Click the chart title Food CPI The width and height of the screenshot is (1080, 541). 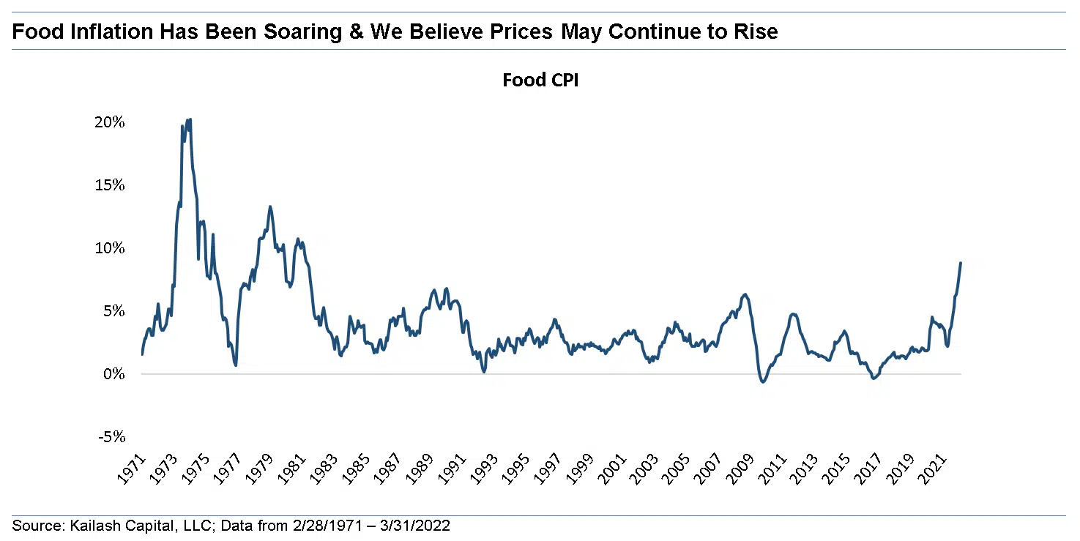coord(540,81)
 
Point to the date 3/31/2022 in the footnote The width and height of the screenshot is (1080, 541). coord(422,526)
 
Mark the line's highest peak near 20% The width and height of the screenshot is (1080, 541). coord(190,119)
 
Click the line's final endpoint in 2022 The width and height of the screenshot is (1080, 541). coord(961,263)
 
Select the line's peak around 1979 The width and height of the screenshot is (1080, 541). coord(270,206)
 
